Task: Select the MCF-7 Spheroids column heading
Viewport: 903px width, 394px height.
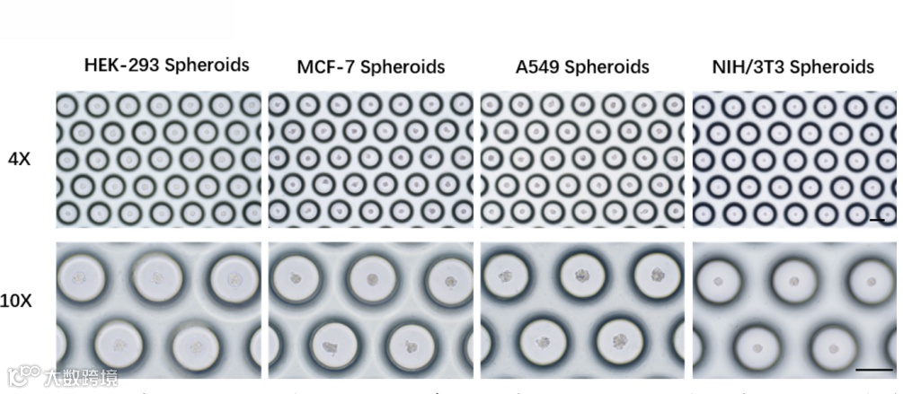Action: (370, 67)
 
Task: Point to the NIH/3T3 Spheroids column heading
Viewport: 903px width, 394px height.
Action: (792, 67)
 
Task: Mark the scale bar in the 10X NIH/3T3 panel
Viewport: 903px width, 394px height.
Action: (872, 368)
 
